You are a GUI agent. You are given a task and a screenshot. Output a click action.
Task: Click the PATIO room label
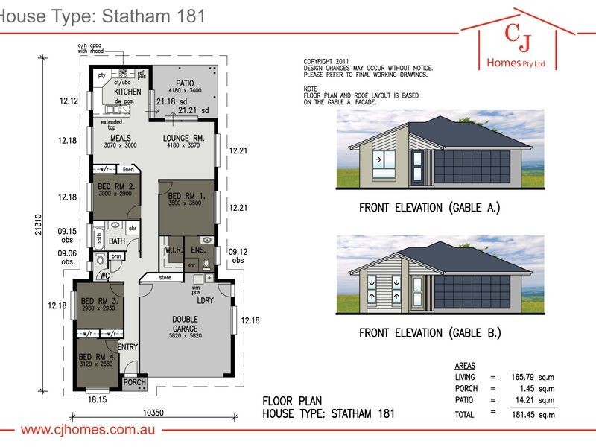click(185, 83)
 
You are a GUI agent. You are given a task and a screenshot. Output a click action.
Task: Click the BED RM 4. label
click(96, 357)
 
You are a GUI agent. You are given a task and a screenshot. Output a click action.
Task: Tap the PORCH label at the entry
click(135, 382)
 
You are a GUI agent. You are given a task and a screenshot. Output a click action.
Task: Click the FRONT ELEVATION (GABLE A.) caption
click(429, 208)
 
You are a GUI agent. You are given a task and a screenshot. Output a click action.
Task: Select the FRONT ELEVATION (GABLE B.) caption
click(429, 332)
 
